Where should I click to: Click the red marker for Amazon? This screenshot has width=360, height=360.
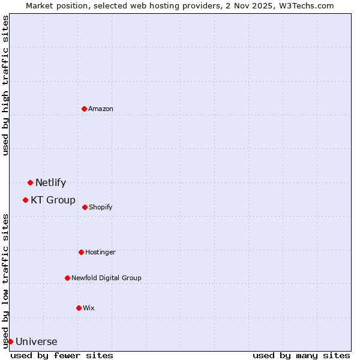84,109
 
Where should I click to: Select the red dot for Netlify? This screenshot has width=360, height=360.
30,182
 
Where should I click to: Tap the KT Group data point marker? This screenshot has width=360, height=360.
25,200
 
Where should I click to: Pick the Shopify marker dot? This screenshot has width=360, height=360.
85,207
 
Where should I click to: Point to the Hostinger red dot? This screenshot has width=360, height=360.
81,252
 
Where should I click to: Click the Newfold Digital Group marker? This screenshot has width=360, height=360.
67,278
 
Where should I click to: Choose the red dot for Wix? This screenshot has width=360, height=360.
79,308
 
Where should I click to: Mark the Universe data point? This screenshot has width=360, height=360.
10,341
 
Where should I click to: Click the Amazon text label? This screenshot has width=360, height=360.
101,109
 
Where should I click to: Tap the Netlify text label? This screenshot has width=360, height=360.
50,183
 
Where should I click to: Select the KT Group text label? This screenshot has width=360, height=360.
53,200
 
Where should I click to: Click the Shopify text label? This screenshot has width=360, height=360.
100,207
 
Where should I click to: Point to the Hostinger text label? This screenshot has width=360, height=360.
100,252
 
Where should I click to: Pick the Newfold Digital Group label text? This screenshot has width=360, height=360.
106,278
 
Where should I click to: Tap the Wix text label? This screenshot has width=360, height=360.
89,308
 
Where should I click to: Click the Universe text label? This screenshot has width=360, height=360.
36,342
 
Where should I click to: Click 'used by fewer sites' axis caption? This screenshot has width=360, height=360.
62,355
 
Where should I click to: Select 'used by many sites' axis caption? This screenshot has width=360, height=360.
301,355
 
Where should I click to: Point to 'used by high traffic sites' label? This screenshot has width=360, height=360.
5,85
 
